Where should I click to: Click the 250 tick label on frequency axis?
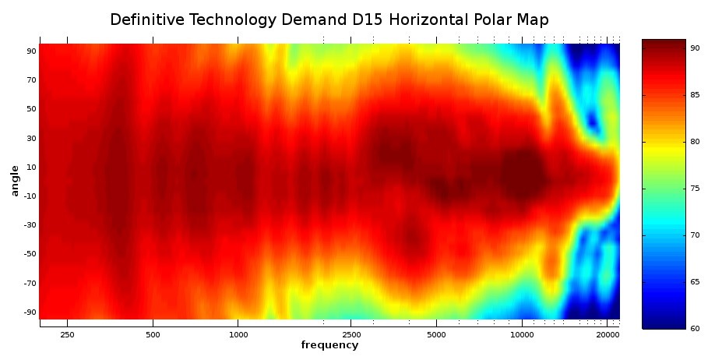[68, 334]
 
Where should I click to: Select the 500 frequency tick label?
[153, 334]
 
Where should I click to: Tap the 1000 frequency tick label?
[238, 334]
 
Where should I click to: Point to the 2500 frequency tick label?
[350, 334]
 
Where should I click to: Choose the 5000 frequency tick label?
[436, 334]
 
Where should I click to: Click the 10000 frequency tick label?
[522, 334]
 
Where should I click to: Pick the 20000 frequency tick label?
[608, 334]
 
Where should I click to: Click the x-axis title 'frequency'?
[329, 345]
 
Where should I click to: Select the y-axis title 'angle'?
[14, 182]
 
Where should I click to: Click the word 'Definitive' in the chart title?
[144, 19]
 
